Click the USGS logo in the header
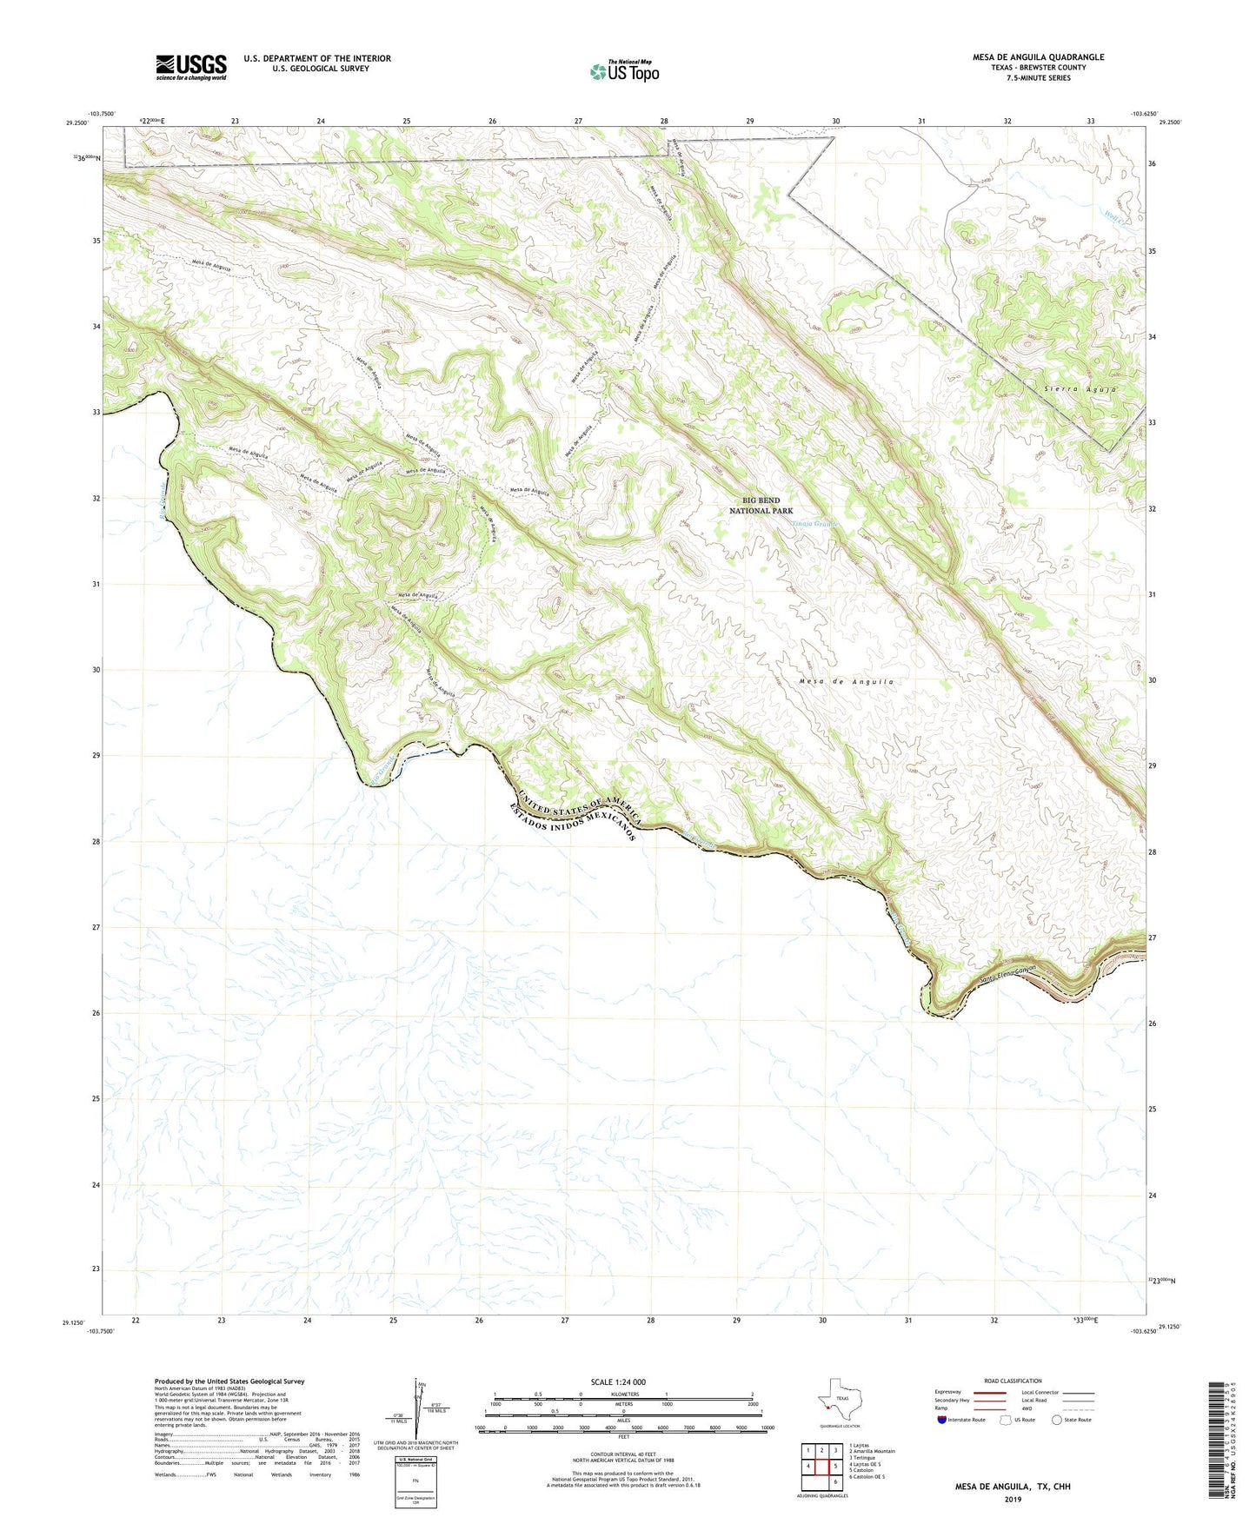(190, 66)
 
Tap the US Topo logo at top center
(624, 71)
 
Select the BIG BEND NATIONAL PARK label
(761, 506)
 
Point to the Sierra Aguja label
(1080, 389)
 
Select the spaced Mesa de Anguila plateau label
(846, 682)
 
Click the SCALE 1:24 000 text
(617, 1381)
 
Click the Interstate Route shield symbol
(942, 1420)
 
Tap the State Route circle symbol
(1057, 1420)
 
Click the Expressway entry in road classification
(948, 1392)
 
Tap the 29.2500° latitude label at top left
(77, 123)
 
